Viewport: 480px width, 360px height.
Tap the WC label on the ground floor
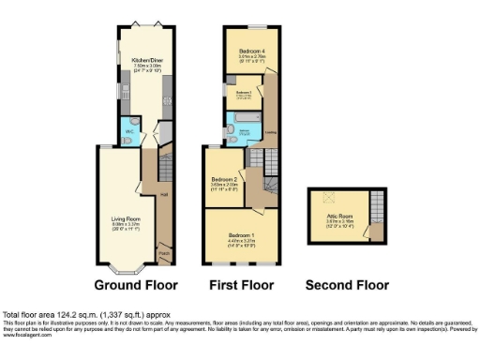[130, 132]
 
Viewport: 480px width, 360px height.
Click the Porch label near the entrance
[164, 252]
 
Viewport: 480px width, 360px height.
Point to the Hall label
[164, 195]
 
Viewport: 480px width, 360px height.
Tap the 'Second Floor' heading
[347, 283]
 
